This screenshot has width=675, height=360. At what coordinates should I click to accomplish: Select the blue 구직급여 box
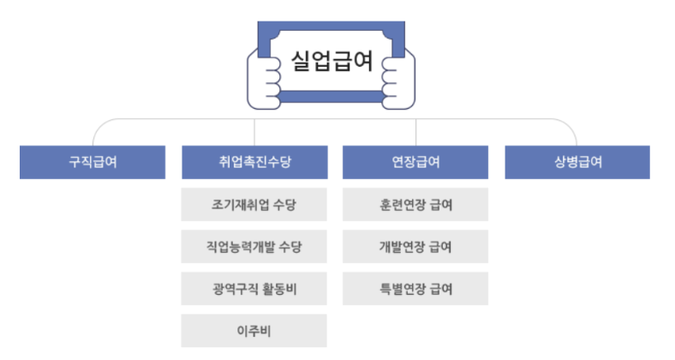click(x=93, y=162)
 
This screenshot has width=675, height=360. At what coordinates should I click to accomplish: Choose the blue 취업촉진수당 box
click(x=254, y=162)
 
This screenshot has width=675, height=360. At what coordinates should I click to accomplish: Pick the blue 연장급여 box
click(x=415, y=162)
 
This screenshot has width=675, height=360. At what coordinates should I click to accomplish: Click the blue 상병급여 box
click(x=576, y=162)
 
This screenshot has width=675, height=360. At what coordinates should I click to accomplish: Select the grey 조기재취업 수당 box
click(x=254, y=206)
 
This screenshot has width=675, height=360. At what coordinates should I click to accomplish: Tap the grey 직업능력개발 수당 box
click(x=254, y=248)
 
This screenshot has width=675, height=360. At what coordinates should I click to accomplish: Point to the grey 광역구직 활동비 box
click(x=254, y=289)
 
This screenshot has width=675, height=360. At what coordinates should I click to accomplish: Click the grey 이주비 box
click(x=254, y=330)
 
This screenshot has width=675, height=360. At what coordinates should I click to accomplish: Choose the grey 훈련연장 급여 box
click(x=415, y=206)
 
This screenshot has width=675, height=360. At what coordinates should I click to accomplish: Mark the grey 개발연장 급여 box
click(x=415, y=248)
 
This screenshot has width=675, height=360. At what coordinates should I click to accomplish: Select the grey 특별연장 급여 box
click(x=415, y=289)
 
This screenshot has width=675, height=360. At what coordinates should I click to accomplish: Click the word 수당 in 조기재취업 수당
click(x=287, y=206)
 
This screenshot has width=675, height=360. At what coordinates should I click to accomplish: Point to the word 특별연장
click(x=403, y=289)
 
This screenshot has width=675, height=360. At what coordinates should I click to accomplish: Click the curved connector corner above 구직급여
click(x=99, y=125)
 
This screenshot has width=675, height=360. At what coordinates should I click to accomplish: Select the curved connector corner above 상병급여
click(x=570, y=125)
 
